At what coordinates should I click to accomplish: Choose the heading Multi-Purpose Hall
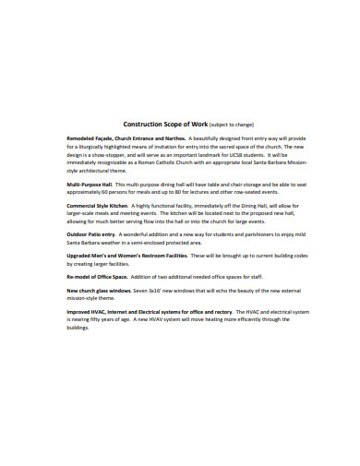tap(90, 185)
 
